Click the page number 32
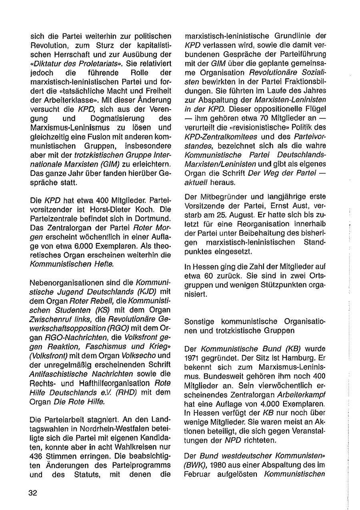click(33, 493)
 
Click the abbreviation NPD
click(233, 440)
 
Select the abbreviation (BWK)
click(194, 465)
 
